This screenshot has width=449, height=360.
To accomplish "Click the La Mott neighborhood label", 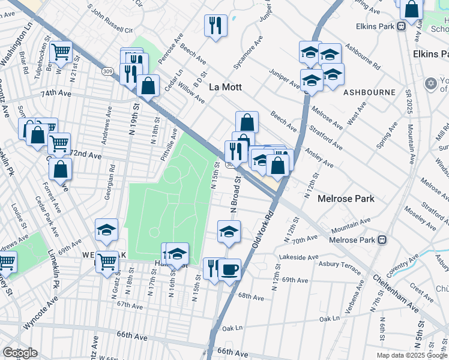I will pos(225,87).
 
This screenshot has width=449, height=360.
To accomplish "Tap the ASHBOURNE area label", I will pos(369,92).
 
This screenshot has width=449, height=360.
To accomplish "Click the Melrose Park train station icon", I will pos(381,240).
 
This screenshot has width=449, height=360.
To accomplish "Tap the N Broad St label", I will pos(235,193).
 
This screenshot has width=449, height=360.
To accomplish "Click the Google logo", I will pos(20,353).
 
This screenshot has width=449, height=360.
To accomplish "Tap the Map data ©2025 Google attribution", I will pos(411,355).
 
